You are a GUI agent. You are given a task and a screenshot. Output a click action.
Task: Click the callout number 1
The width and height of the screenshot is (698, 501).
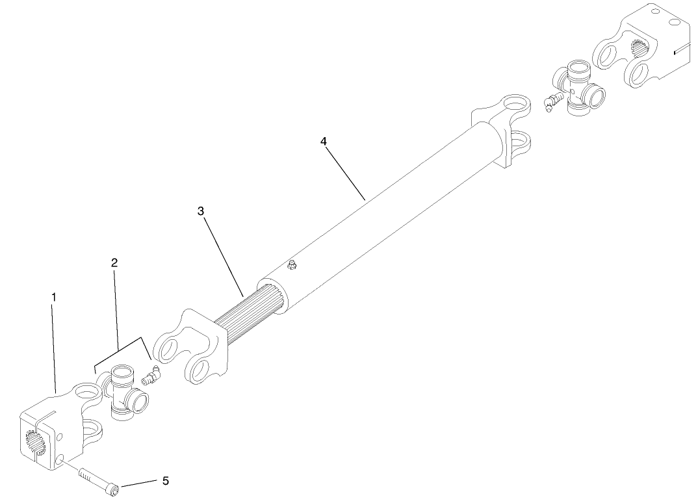click(54, 297)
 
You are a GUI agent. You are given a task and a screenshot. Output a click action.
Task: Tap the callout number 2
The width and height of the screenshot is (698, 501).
click(114, 263)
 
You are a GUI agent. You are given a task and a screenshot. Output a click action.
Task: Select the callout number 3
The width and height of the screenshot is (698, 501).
click(201, 211)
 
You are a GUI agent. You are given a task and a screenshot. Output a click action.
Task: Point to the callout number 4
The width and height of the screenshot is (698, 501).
click(323, 141)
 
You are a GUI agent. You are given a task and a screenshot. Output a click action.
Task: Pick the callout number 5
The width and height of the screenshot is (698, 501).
click(165, 481)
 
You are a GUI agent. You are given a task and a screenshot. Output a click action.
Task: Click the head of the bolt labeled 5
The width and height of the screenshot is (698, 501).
click(114, 486)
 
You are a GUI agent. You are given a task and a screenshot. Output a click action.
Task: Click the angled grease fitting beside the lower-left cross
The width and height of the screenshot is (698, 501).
click(151, 376)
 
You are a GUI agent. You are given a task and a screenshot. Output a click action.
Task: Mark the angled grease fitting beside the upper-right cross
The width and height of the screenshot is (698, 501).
click(554, 102)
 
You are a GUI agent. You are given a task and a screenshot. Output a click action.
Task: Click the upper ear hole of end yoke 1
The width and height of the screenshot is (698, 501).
click(84, 392)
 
